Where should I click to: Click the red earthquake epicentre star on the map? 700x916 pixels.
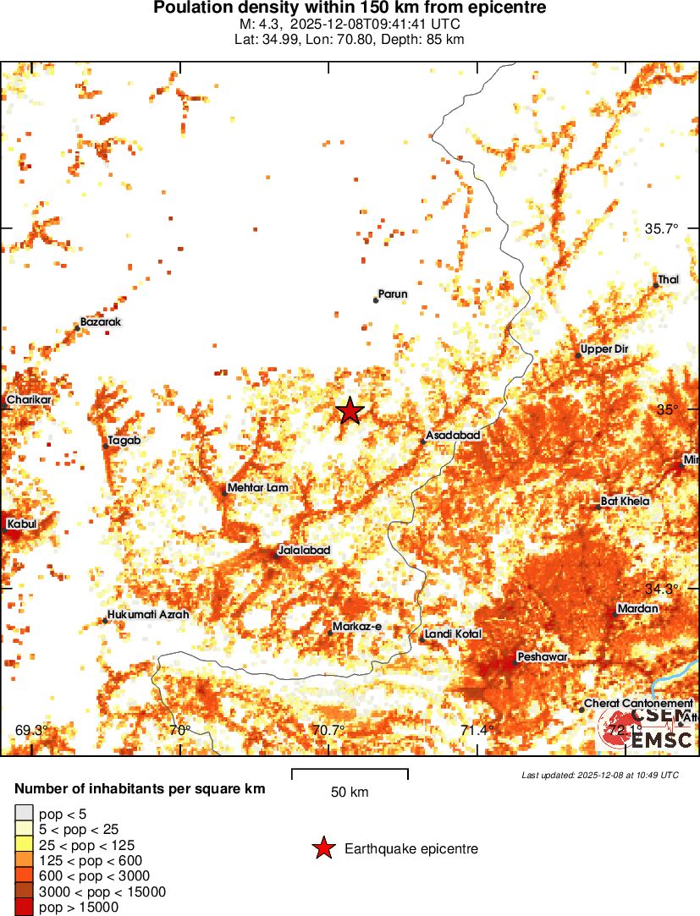[x=350, y=411]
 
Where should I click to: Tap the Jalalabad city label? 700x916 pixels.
[x=304, y=550]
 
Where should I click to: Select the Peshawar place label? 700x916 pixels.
[x=543, y=657]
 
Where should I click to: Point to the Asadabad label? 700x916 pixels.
[x=453, y=435]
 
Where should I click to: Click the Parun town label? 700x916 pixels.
[x=393, y=294]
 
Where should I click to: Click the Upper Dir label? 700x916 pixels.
[x=605, y=349]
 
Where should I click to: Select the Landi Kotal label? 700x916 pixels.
[x=453, y=634]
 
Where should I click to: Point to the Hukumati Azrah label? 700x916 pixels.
[x=148, y=615]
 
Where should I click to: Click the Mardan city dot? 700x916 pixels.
[x=615, y=613]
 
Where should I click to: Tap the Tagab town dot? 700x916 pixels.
[x=106, y=446]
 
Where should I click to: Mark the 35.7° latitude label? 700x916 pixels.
[x=663, y=228]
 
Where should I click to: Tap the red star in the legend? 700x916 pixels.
[x=323, y=848]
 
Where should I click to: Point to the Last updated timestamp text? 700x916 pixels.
[x=600, y=775]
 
